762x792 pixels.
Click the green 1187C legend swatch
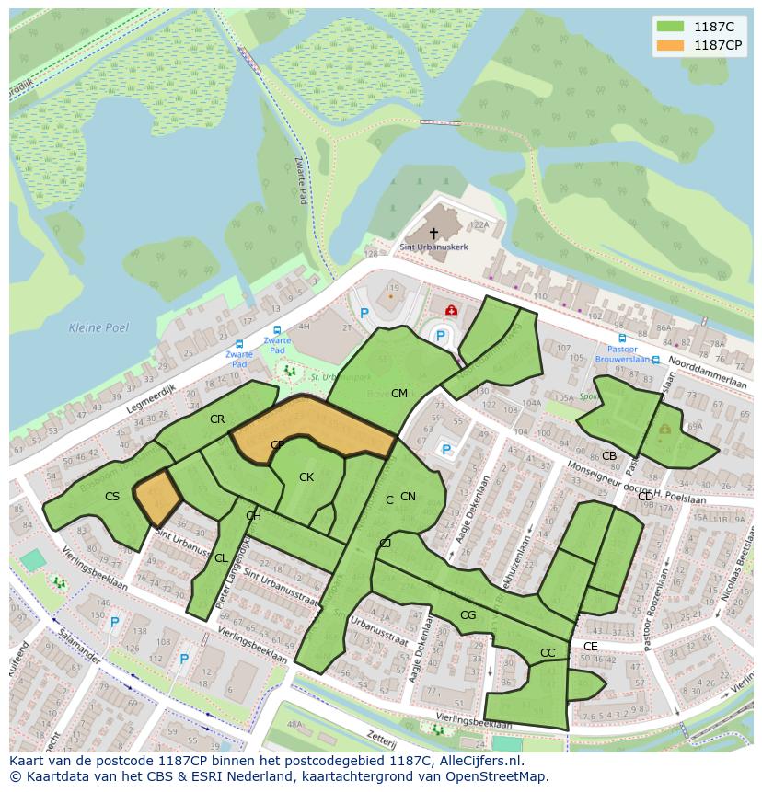click(x=671, y=27)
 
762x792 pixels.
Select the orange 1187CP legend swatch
click(x=671, y=45)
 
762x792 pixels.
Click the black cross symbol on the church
click(x=433, y=234)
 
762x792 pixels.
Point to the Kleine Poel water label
click(x=98, y=327)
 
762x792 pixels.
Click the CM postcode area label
click(x=398, y=394)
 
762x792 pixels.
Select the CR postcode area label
click(x=217, y=419)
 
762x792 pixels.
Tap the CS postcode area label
click(x=112, y=497)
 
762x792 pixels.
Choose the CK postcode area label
click(x=306, y=476)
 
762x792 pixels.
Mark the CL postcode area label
click(x=221, y=558)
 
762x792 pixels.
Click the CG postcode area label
click(x=468, y=614)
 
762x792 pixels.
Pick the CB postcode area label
click(x=609, y=456)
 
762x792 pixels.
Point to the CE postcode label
click(x=590, y=647)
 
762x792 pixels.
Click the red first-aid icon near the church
click(x=451, y=311)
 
